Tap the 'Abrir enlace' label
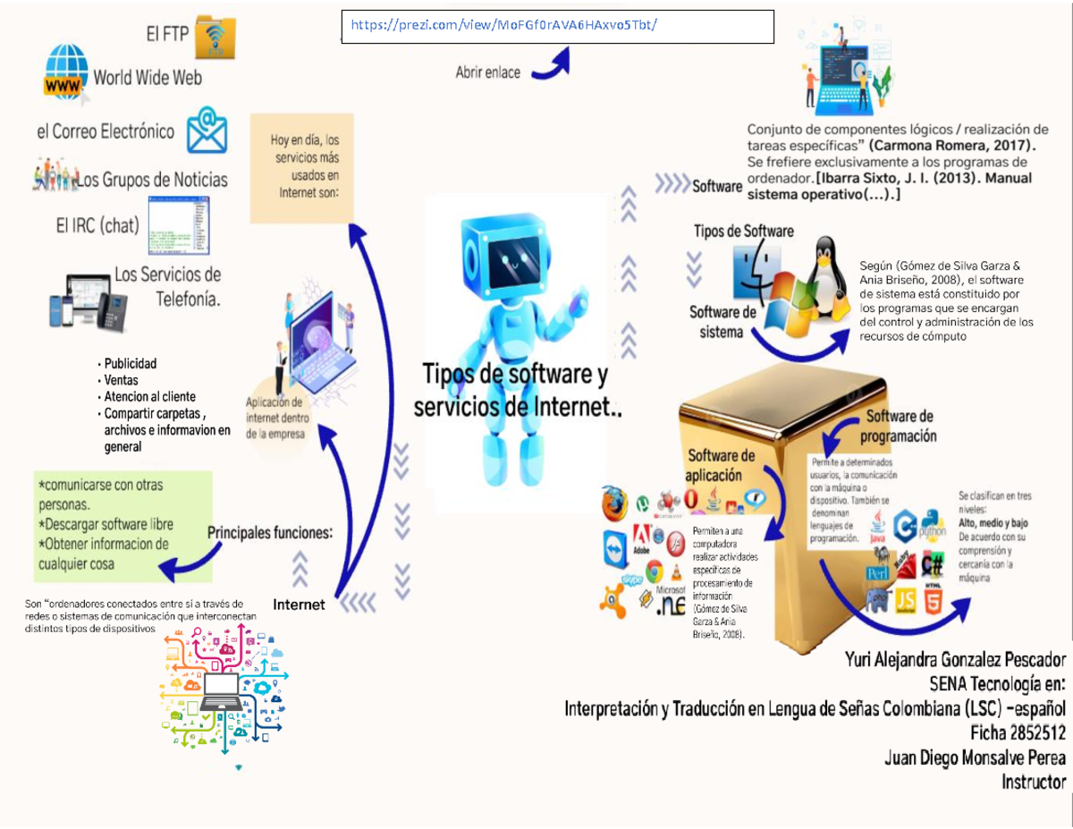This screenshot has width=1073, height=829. (x=487, y=73)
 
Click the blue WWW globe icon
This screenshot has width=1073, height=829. (x=67, y=72)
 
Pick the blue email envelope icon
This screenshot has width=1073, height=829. (x=207, y=131)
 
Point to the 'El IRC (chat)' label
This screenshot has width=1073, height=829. (x=97, y=224)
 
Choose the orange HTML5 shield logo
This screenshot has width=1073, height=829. (x=932, y=601)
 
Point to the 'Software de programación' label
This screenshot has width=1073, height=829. (x=899, y=427)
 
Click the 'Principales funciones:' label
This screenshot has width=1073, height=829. (x=270, y=532)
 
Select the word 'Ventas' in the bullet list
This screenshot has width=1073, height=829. (x=121, y=380)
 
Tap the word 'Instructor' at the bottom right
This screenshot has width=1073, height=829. (x=1034, y=782)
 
